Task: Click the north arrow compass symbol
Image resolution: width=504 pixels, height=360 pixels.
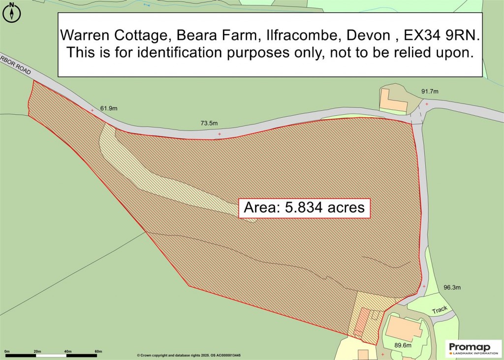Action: click(12, 12)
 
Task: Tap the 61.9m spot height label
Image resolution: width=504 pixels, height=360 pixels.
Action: click(110, 108)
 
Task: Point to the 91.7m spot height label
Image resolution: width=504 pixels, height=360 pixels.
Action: click(429, 92)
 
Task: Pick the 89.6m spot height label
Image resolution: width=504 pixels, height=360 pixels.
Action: click(400, 346)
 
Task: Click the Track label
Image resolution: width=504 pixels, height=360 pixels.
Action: click(440, 310)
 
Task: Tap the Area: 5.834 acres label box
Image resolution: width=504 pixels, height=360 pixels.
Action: click(304, 208)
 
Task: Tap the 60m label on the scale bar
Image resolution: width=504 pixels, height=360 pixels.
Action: click(98, 351)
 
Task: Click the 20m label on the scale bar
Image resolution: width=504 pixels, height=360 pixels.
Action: click(37, 351)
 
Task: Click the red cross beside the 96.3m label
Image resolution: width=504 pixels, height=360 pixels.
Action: click(424, 286)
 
